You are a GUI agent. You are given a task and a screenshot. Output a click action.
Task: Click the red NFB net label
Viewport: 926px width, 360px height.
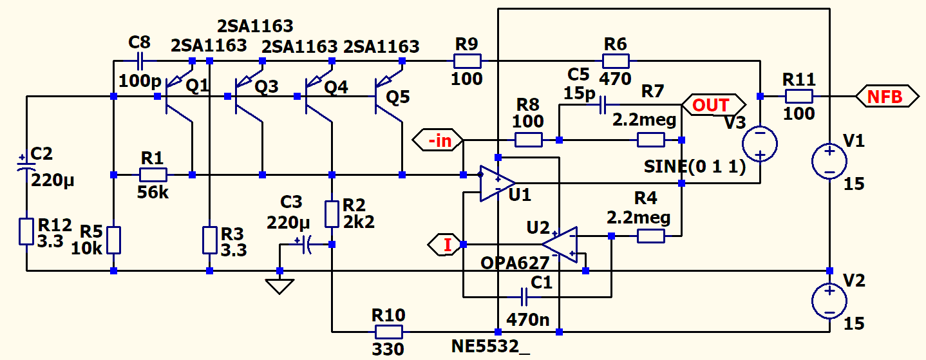click(x=887, y=97)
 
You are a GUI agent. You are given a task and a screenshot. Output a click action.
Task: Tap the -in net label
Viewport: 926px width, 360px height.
click(x=441, y=140)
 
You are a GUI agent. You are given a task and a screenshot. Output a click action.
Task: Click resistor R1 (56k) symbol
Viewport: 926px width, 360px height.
click(x=153, y=175)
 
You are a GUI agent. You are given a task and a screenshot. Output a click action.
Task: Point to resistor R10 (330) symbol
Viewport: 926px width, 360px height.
click(x=389, y=332)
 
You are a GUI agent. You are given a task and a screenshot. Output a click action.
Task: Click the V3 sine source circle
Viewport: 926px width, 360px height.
click(x=760, y=143)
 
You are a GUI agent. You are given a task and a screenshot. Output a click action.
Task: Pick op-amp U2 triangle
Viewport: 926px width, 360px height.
click(x=560, y=244)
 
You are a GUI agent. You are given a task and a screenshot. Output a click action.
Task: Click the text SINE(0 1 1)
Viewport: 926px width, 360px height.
click(x=695, y=167)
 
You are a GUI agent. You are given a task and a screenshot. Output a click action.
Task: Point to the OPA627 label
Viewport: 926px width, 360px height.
click(x=515, y=263)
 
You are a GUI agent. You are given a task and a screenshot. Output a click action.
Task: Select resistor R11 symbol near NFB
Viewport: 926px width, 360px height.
click(x=798, y=97)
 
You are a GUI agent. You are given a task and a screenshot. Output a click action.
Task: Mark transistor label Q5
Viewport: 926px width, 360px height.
click(x=397, y=97)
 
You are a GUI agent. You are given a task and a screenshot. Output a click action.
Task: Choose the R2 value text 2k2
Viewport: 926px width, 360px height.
click(x=359, y=222)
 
